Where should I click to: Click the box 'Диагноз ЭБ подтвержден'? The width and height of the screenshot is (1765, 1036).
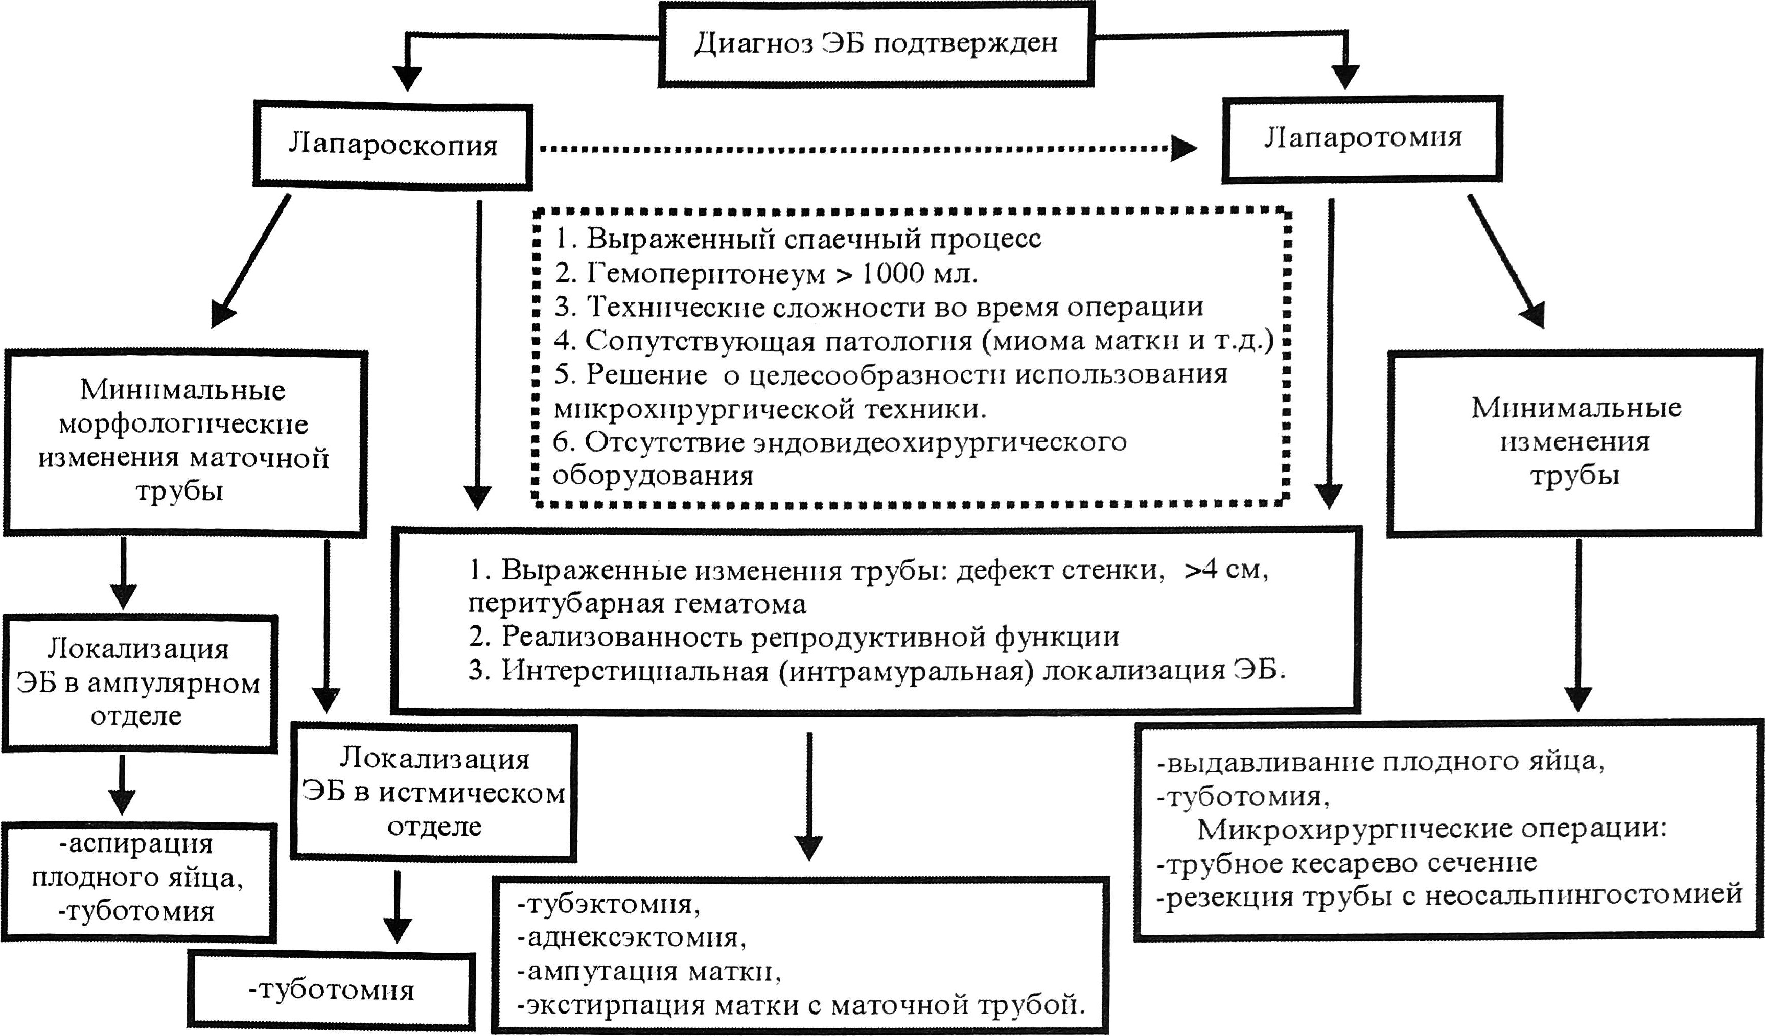click(875, 43)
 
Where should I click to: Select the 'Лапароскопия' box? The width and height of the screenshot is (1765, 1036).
click(392, 146)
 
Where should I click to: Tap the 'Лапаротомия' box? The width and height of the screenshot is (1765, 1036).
click(1362, 138)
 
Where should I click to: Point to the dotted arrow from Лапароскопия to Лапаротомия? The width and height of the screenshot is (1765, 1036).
click(862, 148)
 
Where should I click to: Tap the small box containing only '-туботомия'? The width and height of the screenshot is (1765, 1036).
click(331, 991)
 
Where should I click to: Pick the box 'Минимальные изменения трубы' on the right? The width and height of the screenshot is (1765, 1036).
click(1575, 442)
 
